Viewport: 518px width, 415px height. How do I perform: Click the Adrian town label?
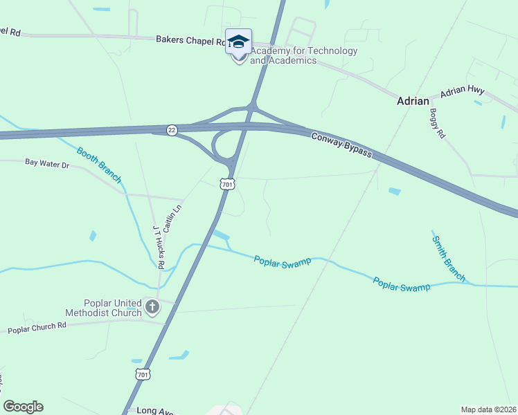click(x=413, y=101)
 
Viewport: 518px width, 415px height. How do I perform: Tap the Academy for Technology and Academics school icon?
click(x=238, y=42)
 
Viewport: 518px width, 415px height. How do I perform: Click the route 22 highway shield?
click(x=172, y=130)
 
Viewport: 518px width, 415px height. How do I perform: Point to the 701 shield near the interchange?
click(x=228, y=183)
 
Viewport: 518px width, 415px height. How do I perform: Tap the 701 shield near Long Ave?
click(x=143, y=374)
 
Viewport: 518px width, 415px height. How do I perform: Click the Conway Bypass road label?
click(x=341, y=145)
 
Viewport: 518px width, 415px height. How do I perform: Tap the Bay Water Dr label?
click(x=48, y=165)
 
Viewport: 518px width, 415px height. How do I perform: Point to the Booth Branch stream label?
click(x=99, y=165)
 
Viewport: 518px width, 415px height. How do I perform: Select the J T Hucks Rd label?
click(x=159, y=247)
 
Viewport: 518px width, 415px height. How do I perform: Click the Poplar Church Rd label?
click(x=36, y=327)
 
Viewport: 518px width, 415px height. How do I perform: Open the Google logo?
click(x=23, y=407)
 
